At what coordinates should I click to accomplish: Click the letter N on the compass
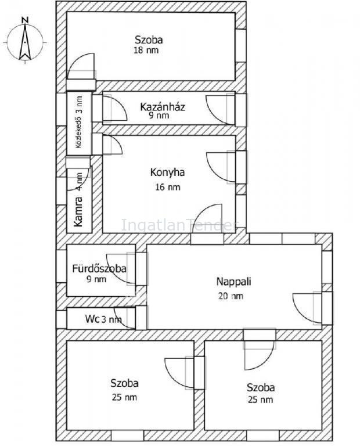click(x=26, y=20)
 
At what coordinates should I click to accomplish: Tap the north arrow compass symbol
click(x=26, y=41)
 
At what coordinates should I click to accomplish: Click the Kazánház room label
click(x=163, y=107)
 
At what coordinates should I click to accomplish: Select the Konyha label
click(x=167, y=172)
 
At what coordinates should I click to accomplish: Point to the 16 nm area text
click(x=168, y=187)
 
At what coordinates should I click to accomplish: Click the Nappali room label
click(x=234, y=282)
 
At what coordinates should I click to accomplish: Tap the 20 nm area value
click(x=231, y=296)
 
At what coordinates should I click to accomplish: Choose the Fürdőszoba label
click(x=99, y=268)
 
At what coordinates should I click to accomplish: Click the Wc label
click(x=92, y=319)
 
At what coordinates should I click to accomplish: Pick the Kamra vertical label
click(x=78, y=211)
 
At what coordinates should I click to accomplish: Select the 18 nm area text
click(x=146, y=51)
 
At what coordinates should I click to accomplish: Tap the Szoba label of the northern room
click(x=149, y=39)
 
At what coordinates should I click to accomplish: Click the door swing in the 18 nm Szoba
click(x=81, y=66)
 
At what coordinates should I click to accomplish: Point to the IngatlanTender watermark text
click(x=179, y=225)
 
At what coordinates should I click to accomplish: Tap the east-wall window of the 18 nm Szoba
click(x=241, y=45)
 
